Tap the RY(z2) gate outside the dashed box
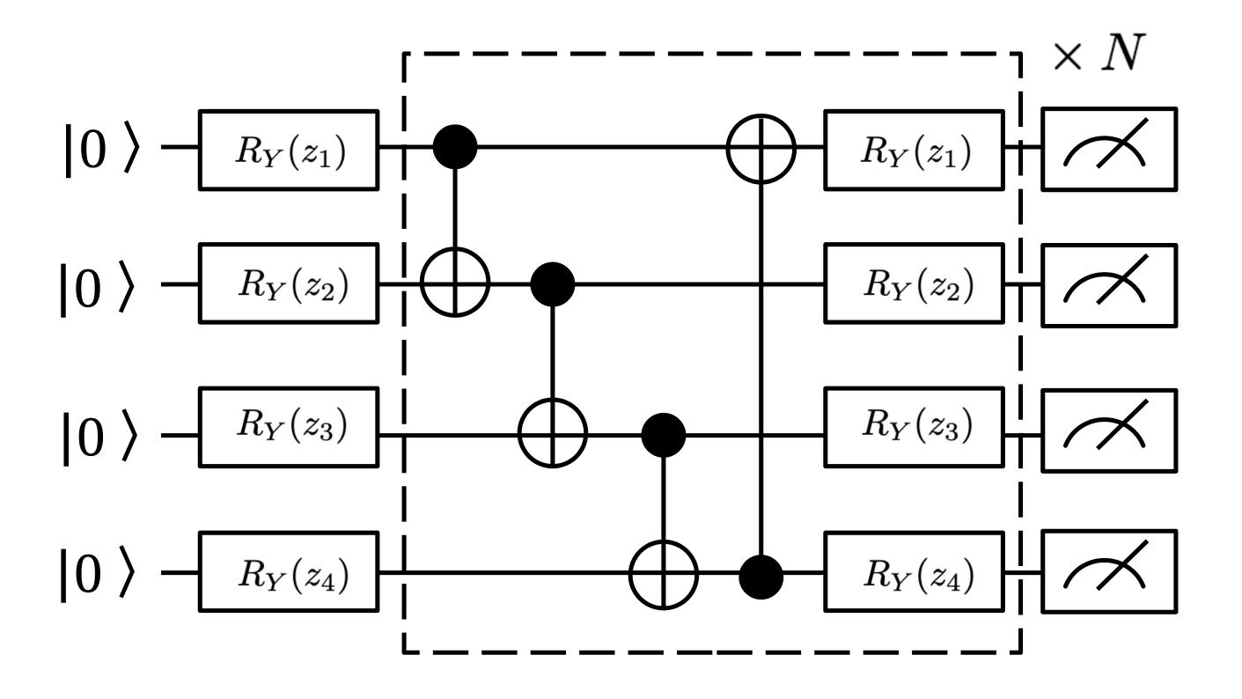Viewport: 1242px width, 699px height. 289,286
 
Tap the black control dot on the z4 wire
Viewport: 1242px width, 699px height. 761,578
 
